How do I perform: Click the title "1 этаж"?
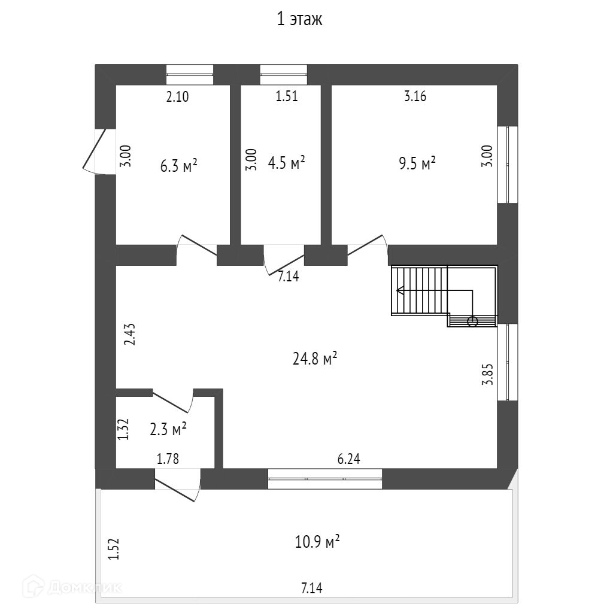tap(299, 20)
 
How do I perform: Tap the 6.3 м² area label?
tap(179, 166)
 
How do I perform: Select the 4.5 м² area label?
tap(286, 163)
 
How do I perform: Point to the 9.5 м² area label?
tap(417, 163)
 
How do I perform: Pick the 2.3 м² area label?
tap(168, 429)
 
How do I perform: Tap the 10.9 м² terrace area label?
tap(317, 542)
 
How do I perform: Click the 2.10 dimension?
tap(177, 96)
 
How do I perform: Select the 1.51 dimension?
tap(287, 96)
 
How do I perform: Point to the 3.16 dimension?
tap(415, 96)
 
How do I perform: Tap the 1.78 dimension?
tap(168, 459)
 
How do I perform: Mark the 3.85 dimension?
tap(488, 373)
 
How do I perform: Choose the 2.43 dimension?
tap(130, 334)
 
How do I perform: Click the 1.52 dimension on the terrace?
tap(114, 549)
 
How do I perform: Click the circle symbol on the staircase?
tap(472, 321)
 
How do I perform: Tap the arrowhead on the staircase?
tap(399, 292)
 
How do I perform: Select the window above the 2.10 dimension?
tap(190, 74)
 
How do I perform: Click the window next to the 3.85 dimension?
tap(508, 362)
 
